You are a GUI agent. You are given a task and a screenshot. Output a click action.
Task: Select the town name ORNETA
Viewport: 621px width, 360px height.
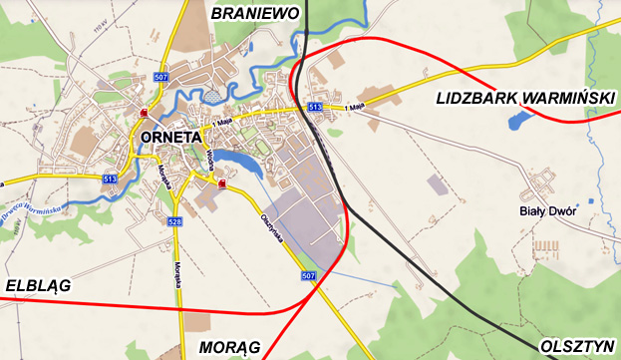click(171, 138)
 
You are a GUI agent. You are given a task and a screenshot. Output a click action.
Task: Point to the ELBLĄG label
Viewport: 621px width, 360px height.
click(37, 285)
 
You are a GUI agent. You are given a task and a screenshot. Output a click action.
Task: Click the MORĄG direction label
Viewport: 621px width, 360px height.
click(229, 346)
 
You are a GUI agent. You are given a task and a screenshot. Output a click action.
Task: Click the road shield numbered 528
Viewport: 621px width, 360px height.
click(174, 221)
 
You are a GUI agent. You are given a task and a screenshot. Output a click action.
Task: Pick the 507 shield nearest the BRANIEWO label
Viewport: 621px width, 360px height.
click(161, 76)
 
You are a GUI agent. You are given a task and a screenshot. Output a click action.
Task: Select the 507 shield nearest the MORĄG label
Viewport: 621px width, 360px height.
click(307, 275)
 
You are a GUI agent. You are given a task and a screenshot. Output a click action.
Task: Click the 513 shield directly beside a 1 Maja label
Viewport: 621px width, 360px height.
click(314, 106)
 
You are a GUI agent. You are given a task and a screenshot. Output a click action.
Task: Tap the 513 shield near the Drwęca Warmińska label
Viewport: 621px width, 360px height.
click(109, 178)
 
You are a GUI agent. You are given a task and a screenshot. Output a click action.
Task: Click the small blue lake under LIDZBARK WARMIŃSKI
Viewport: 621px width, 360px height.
click(516, 123)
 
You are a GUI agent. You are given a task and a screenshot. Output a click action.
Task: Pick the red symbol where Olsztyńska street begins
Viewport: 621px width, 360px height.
click(221, 184)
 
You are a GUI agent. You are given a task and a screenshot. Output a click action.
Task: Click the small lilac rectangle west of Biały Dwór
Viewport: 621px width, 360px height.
click(437, 184)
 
